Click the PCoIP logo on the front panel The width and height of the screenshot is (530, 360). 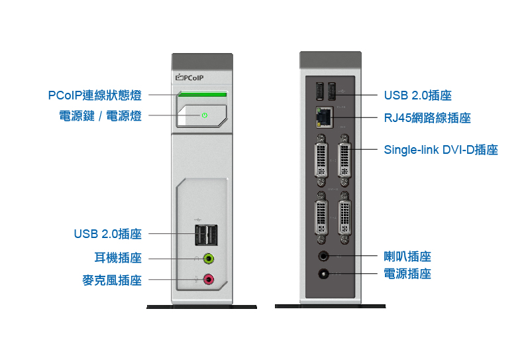tap(189, 78)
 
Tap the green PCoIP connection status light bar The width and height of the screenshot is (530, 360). tap(202, 94)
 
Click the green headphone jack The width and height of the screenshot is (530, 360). tap(209, 259)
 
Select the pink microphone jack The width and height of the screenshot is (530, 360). tap(209, 280)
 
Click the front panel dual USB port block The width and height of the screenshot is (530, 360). tap(206, 235)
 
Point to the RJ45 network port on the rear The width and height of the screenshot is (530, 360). tap(325, 117)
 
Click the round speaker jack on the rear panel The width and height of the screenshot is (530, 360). tap(323, 256)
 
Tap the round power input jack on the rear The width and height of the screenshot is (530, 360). tap(323, 273)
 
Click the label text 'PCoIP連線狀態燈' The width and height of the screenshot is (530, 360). tap(95, 95)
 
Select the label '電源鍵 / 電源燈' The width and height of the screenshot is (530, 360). tap(101, 116)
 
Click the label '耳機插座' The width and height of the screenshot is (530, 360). tap(118, 258)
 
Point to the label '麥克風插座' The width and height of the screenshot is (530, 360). tap(112, 280)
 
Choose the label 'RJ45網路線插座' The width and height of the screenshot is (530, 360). tap(427, 118)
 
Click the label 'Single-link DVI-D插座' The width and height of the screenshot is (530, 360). tap(441, 150)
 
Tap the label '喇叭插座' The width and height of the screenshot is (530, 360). tap(407, 257)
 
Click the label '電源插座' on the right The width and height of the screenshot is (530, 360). tap(407, 274)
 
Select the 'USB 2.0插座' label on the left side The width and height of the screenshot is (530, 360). tap(108, 234)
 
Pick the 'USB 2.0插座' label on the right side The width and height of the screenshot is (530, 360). tap(418, 95)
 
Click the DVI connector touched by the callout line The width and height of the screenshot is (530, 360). tap(344, 160)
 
